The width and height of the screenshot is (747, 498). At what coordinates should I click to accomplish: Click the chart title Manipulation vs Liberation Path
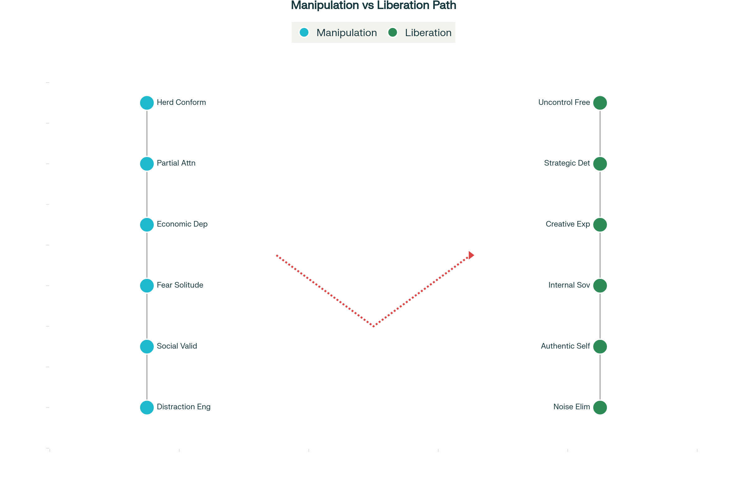coord(373,5)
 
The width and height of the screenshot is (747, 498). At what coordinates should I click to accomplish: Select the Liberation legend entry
coord(420,32)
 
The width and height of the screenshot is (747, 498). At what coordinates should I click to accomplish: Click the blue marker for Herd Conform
coord(147,103)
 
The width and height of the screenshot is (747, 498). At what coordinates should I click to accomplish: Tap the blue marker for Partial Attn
coord(147,164)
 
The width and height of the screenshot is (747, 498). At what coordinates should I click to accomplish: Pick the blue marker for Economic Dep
coord(147,225)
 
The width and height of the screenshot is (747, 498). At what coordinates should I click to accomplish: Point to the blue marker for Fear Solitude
coord(147,285)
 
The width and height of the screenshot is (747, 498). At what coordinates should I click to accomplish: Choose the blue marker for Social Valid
coord(147,346)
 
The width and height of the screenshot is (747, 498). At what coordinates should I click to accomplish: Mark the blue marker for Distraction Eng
coord(147,407)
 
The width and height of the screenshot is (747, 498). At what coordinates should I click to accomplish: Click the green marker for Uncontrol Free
coord(600,103)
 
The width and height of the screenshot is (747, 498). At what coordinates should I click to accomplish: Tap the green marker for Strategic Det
coord(600,164)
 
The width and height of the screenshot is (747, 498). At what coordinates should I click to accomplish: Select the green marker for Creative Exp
coord(600,225)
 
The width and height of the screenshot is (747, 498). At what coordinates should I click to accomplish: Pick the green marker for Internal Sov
coord(600,285)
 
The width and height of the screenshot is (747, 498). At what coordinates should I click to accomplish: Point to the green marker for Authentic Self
coord(600,346)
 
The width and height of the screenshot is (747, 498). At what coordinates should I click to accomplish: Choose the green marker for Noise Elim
coord(600,407)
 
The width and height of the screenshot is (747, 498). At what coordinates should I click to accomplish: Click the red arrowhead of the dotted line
coord(471,255)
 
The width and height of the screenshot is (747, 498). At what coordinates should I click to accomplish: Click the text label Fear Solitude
coord(180,285)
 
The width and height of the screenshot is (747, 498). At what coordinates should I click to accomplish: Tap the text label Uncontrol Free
coord(564,102)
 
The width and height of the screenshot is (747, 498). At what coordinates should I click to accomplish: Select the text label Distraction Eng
coord(184,407)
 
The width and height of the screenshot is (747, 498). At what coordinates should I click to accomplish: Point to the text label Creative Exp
coord(567,224)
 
